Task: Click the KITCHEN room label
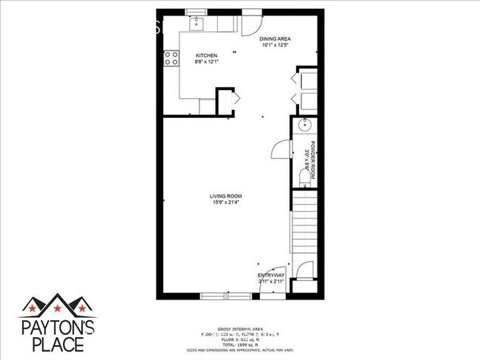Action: (x=206, y=56)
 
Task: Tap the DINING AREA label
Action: (x=272, y=39)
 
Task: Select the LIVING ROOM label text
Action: (x=227, y=195)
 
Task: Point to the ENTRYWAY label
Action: (x=272, y=275)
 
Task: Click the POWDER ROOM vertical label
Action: (x=312, y=161)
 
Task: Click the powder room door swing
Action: (x=281, y=150)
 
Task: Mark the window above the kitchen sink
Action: (x=196, y=11)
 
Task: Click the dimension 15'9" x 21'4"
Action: (x=227, y=202)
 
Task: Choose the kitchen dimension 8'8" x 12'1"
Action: (x=207, y=62)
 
